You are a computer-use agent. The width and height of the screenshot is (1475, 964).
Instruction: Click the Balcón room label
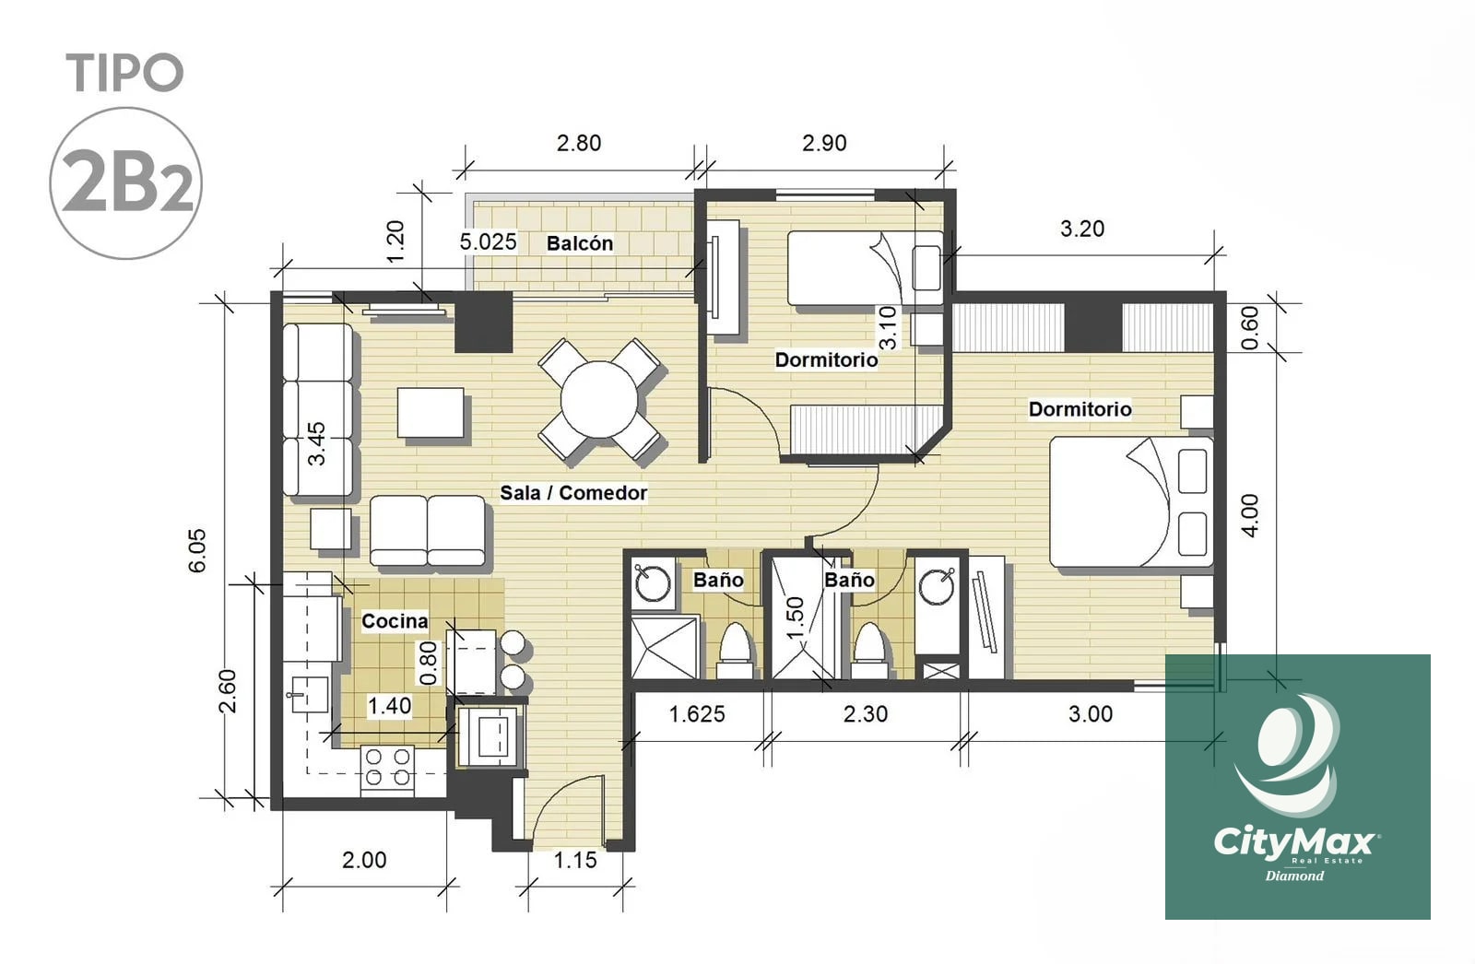(580, 243)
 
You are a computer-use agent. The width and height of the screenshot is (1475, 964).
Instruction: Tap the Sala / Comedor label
(573, 492)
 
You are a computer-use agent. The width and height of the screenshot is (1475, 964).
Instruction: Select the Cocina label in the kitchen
(395, 621)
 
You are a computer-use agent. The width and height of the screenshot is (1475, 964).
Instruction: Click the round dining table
(599, 399)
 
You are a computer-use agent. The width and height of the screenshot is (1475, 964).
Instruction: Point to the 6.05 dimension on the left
(197, 550)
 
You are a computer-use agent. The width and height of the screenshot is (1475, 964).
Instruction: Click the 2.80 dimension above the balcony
(579, 143)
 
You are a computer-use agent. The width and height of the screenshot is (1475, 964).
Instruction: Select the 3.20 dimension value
(1082, 229)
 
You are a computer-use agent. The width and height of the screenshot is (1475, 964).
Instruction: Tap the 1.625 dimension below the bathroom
(697, 713)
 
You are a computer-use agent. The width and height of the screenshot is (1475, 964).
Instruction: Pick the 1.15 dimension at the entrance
(575, 860)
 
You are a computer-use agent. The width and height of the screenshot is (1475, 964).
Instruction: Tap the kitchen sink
(309, 694)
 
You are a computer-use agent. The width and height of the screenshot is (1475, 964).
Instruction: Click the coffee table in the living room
(431, 412)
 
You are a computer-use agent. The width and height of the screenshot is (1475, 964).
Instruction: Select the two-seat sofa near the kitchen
(428, 531)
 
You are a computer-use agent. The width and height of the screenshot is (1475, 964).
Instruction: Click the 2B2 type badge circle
(125, 183)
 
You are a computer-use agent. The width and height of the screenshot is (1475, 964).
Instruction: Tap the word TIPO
(124, 73)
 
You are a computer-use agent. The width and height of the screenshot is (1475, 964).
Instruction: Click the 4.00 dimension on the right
(1249, 515)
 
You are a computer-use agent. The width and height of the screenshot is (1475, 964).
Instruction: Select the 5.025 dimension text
(488, 241)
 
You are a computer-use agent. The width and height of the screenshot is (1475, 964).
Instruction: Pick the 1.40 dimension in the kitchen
(389, 706)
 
